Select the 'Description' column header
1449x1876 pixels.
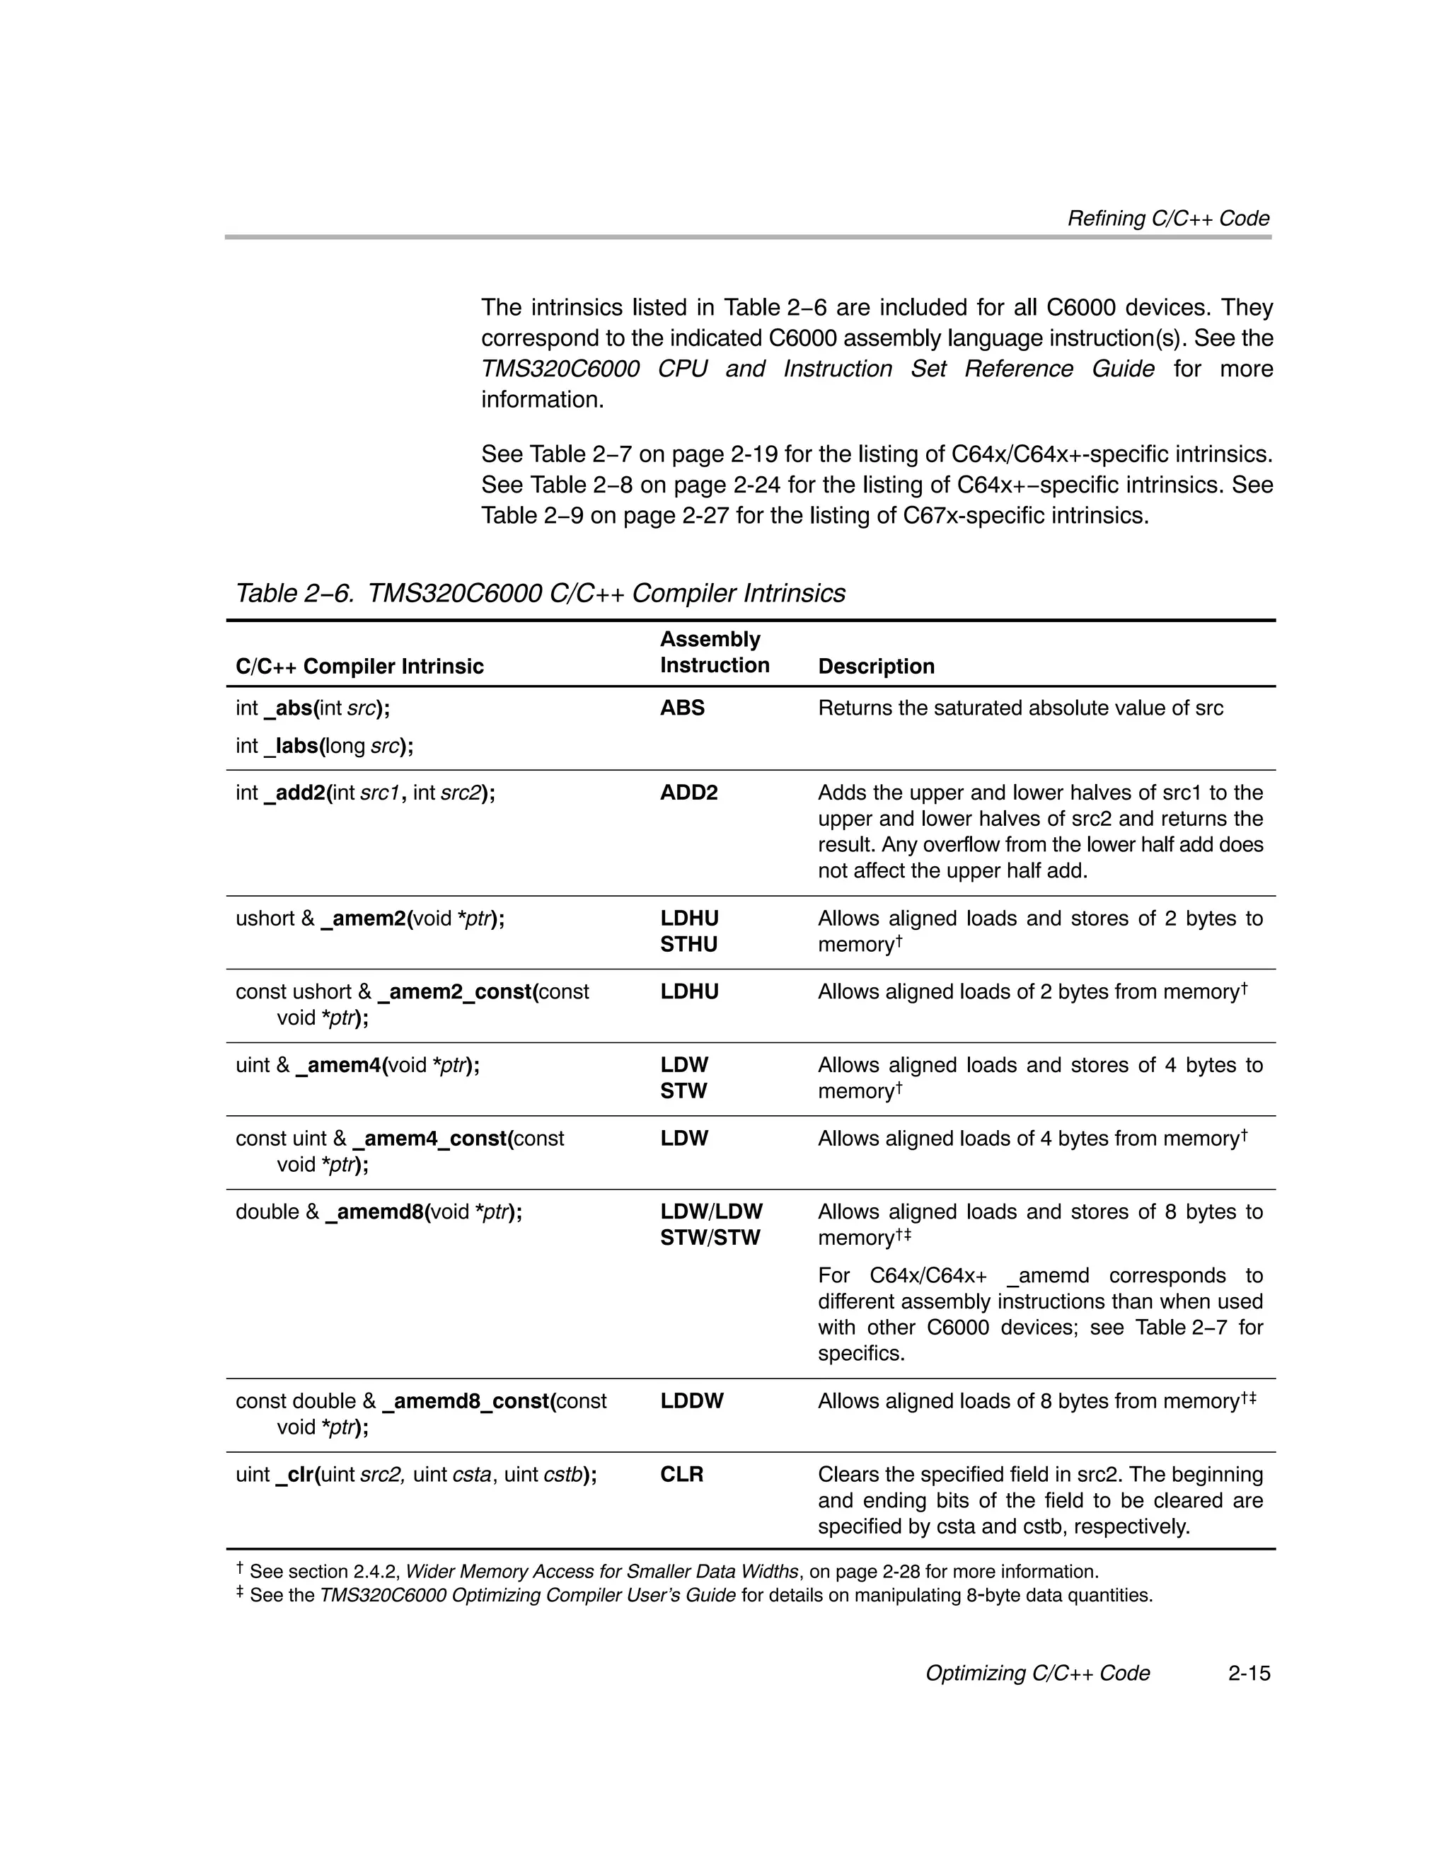pyautogui.click(x=875, y=666)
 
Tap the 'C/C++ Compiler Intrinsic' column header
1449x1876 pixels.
pyautogui.click(x=359, y=666)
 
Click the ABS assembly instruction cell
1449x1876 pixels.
pyautogui.click(x=682, y=708)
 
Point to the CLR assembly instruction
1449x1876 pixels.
pyautogui.click(x=681, y=1474)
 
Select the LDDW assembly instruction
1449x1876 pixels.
pyautogui.click(x=691, y=1401)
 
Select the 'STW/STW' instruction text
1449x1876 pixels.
pyautogui.click(x=710, y=1238)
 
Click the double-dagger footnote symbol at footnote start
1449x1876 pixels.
pyautogui.click(x=240, y=1594)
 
